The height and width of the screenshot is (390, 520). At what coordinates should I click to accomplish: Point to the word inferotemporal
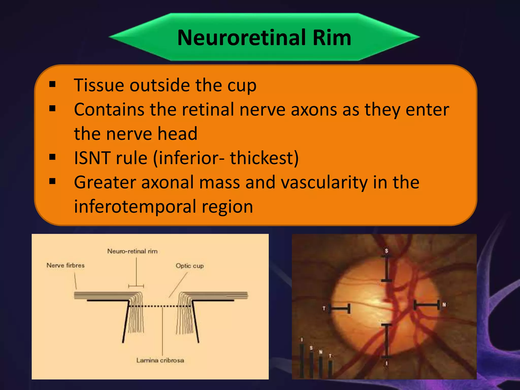135,206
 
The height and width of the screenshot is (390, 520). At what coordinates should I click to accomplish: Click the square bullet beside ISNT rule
52,157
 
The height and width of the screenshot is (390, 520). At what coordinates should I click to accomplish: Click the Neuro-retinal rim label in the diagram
132,251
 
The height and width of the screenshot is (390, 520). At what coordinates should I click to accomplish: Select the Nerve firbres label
66,265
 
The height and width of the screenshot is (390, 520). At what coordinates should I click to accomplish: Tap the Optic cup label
190,266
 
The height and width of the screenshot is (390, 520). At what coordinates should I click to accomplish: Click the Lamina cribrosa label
160,360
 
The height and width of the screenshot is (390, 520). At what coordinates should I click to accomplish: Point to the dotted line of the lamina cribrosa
160,306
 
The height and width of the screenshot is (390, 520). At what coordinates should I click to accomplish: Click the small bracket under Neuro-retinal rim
136,286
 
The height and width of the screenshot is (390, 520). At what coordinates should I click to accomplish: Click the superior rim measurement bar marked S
386,269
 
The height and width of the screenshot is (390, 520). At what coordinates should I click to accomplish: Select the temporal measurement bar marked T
340,309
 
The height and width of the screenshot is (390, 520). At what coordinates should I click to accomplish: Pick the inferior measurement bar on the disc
386,341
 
